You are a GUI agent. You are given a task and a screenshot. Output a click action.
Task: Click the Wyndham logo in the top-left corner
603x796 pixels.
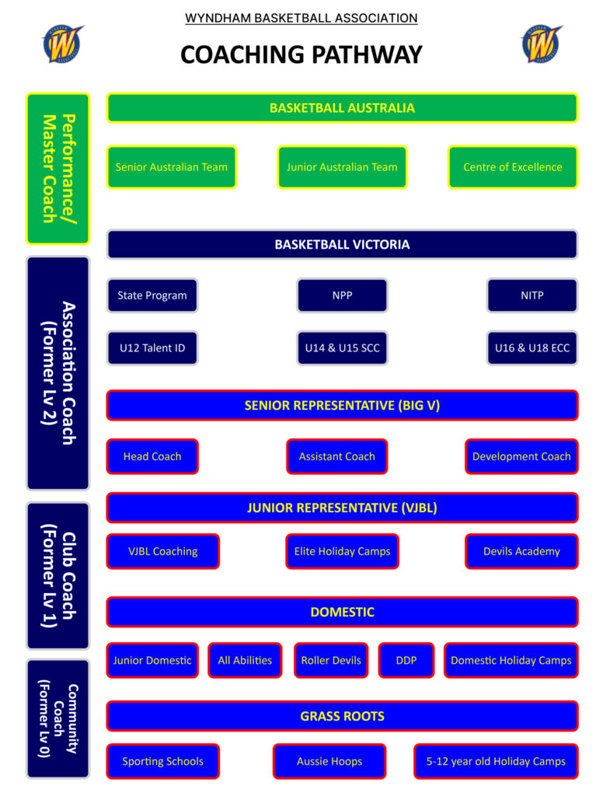[63, 44]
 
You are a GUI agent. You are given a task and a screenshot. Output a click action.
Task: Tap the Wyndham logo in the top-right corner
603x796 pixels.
[541, 44]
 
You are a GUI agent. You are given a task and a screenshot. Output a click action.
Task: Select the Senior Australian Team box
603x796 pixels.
[171, 167]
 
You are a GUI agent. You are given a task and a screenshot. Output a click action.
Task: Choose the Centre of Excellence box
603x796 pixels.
[513, 167]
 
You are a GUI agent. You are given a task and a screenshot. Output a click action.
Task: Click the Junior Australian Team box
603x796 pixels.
[342, 167]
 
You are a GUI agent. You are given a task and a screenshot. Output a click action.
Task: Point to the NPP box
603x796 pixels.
[342, 295]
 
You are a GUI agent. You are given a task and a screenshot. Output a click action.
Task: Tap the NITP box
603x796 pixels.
[532, 295]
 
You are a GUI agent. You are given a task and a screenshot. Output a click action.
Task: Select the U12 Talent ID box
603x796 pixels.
[152, 348]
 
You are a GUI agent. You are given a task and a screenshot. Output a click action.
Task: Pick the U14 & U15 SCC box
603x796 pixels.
[342, 348]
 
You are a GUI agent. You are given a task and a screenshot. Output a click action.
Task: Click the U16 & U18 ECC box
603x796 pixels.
[532, 348]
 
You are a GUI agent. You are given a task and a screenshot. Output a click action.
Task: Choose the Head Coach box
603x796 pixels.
[152, 456]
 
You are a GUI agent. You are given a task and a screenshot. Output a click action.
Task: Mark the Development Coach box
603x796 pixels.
[521, 456]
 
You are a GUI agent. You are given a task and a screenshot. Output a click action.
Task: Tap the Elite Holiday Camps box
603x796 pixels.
[342, 551]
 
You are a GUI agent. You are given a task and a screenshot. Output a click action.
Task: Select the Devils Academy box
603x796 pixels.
[521, 551]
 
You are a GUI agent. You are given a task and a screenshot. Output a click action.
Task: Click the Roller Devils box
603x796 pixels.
[331, 660]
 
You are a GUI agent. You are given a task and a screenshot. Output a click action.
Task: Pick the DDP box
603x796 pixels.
[406, 660]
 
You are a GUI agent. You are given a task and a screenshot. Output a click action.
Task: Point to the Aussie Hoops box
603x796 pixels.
[329, 761]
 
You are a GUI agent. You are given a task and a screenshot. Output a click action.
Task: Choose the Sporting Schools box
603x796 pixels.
[162, 761]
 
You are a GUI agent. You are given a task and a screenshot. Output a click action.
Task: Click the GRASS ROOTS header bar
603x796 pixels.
[342, 716]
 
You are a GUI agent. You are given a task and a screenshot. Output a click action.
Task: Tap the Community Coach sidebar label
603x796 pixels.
[58, 719]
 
